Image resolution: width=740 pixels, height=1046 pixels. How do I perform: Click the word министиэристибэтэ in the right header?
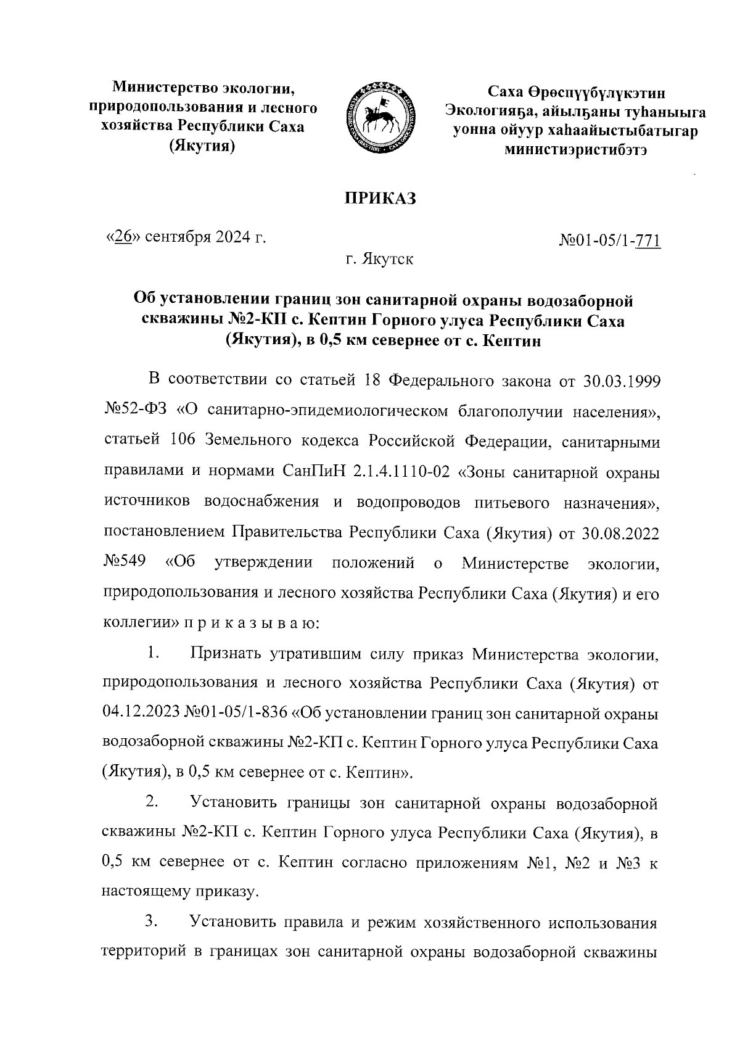[576, 149]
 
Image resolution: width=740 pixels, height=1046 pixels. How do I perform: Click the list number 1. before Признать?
[154, 653]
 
